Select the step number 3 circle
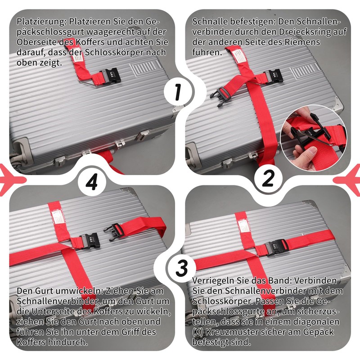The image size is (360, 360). coord(181,269)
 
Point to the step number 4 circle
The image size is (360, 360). coord(92,182)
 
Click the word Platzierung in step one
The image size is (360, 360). coord(38,22)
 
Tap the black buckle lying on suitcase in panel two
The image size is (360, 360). coord(225,94)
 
